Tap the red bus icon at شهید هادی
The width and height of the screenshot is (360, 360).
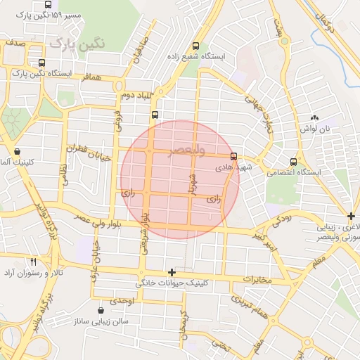click(x=233, y=157)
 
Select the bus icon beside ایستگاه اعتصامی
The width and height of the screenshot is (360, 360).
click(x=293, y=162)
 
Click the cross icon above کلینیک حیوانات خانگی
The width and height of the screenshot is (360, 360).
click(x=172, y=272)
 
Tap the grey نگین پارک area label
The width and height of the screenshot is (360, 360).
click(x=77, y=43)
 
